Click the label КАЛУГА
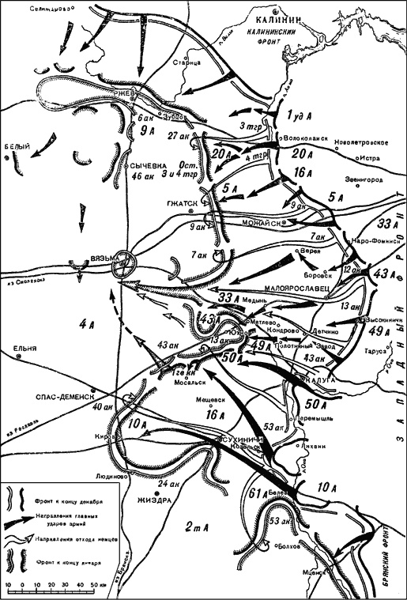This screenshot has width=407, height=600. tap(318, 381)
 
